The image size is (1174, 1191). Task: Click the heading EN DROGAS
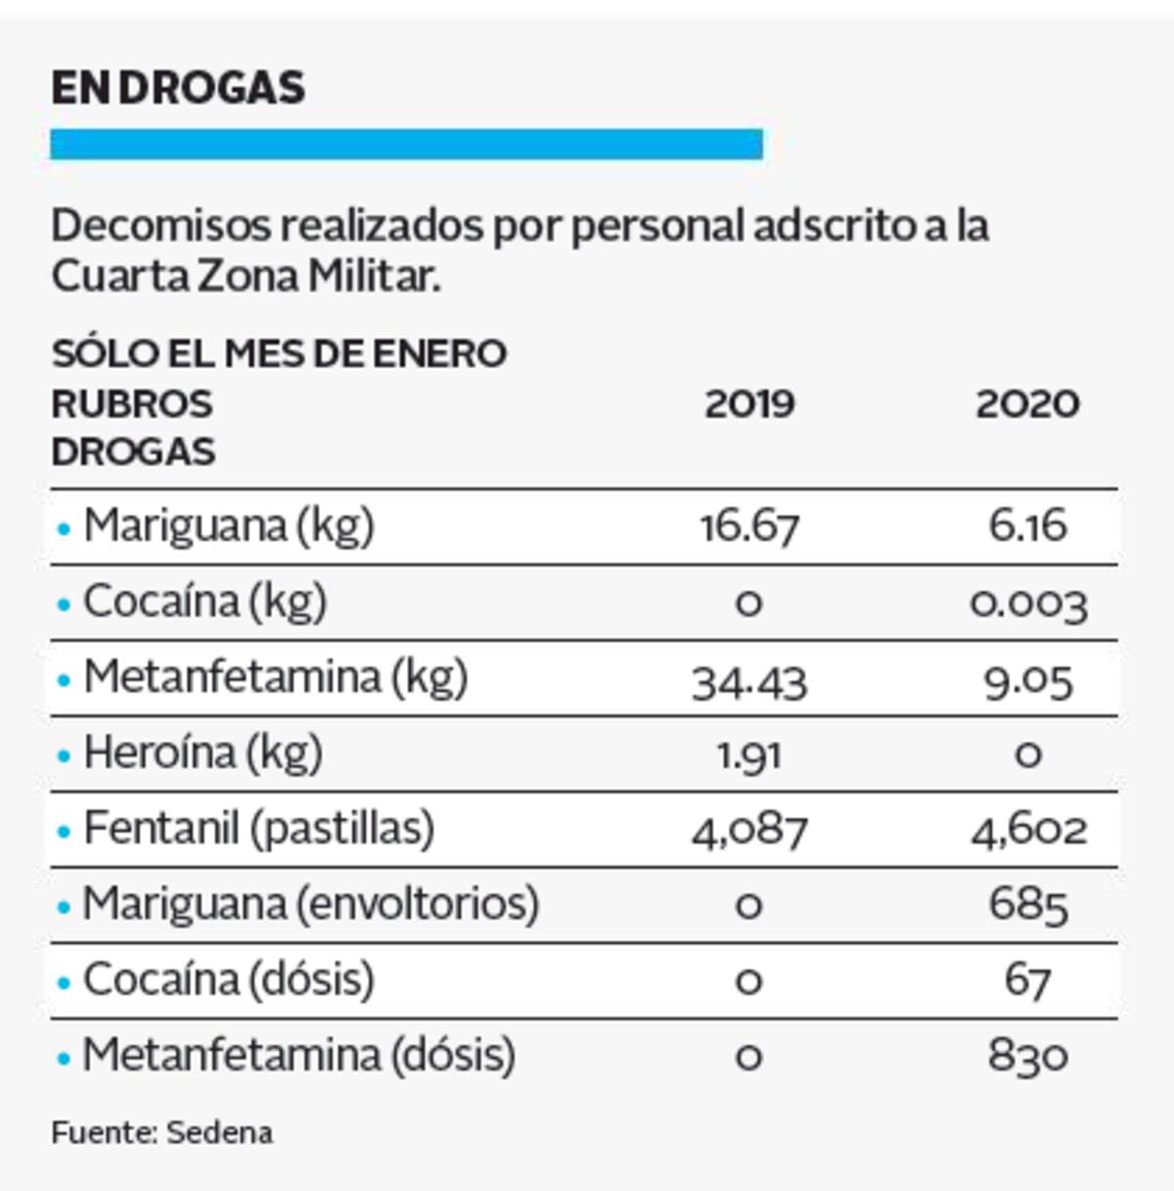[178, 88]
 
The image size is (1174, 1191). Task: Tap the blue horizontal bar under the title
[406, 144]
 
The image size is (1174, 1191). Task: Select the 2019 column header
[749, 403]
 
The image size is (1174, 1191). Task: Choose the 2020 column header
[1027, 403]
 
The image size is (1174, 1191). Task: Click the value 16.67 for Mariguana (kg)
[749, 527]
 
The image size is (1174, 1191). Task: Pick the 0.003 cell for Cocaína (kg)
[1028, 603]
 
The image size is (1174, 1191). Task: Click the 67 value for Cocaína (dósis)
[1028, 981]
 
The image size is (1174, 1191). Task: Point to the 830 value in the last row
[1028, 1056]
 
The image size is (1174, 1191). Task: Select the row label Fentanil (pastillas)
[258, 829]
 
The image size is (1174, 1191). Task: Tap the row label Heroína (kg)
[203, 754]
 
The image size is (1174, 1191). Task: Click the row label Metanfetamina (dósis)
[298, 1055]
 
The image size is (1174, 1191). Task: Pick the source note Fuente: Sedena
[162, 1133]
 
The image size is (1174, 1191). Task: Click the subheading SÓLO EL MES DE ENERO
[279, 353]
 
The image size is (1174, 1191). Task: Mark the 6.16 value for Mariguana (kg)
[1028, 527]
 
